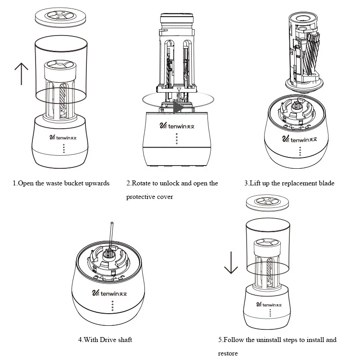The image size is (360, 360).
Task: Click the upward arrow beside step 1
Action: coord(21,73)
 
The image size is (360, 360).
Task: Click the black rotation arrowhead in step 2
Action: coord(179,107)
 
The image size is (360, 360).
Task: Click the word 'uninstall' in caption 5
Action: coord(266,340)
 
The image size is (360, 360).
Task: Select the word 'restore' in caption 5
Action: coord(228,353)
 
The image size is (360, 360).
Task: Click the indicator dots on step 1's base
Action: coord(63,149)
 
